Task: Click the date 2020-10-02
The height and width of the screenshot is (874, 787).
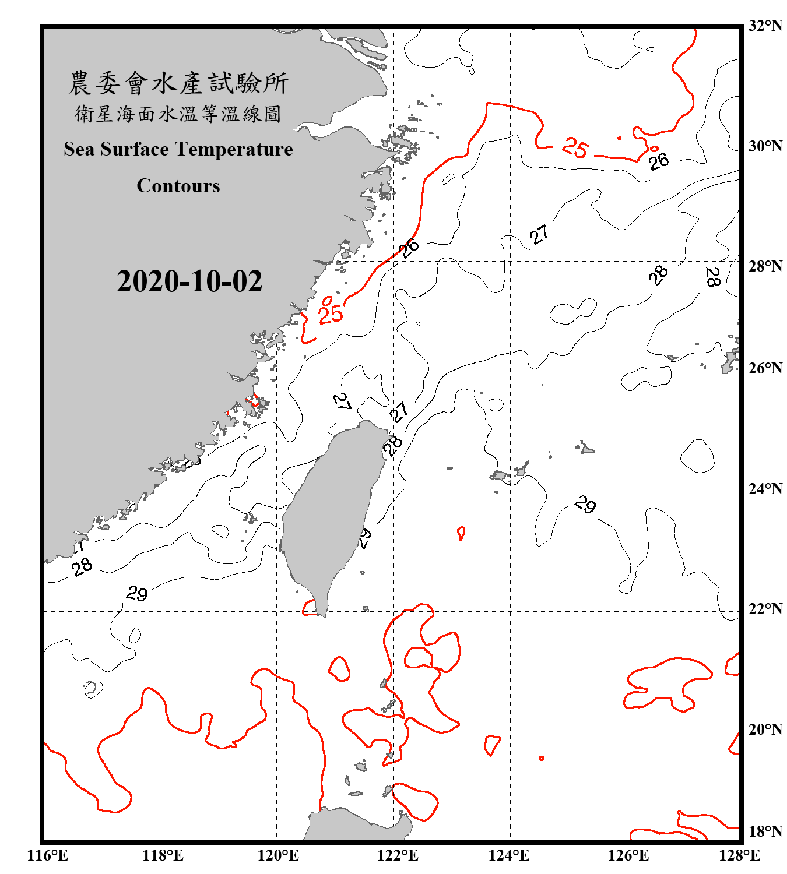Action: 189,281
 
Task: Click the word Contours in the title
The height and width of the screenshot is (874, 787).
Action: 178,186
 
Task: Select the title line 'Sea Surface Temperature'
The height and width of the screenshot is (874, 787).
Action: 178,149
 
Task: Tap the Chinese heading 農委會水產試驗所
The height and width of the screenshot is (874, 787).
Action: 178,83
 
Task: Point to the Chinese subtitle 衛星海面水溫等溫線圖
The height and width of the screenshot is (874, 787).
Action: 178,114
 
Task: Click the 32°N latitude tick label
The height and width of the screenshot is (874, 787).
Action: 765,26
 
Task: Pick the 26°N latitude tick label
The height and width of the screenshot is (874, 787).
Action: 765,368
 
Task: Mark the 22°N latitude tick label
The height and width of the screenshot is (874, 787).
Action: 765,609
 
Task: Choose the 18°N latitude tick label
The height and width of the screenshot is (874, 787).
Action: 765,831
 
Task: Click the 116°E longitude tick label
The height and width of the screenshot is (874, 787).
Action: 48,855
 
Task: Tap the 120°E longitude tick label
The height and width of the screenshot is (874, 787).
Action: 278,855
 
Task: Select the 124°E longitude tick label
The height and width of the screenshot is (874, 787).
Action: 509,855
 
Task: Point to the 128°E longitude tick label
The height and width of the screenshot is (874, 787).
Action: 739,855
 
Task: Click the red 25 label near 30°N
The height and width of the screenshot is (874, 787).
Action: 575,148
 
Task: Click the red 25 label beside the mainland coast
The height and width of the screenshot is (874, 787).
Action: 331,315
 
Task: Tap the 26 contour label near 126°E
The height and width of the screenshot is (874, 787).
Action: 659,161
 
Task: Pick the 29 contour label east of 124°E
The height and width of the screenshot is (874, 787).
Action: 585,504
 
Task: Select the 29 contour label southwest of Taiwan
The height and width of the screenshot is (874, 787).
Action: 137,594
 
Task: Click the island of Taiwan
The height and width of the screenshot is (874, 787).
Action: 329,513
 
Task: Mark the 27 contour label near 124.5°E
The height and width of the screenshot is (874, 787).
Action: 539,235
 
